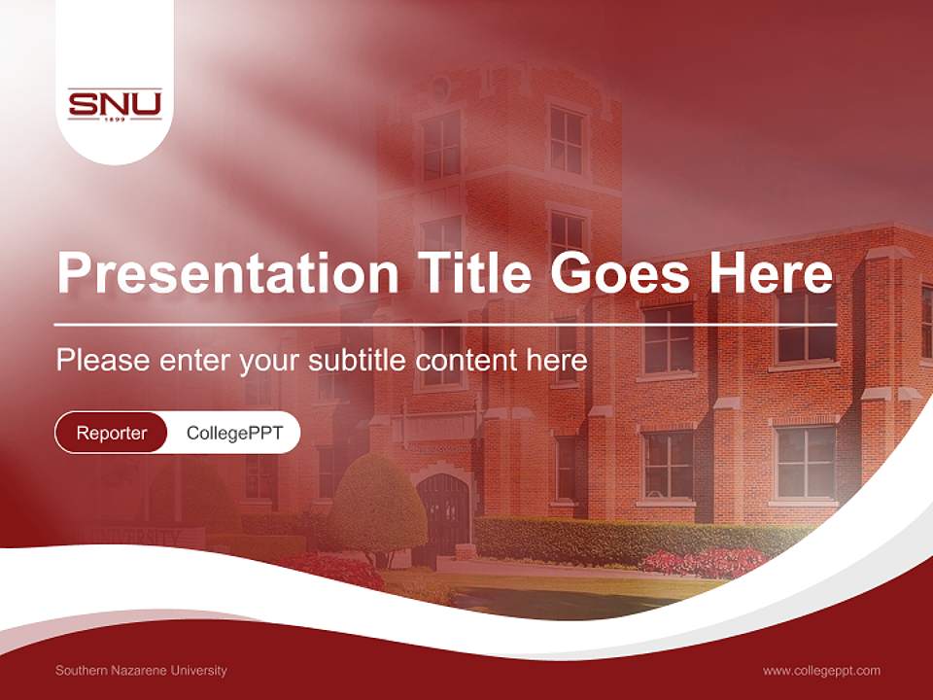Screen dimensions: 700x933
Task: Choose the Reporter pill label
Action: click(111, 433)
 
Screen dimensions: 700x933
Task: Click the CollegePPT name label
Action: click(234, 433)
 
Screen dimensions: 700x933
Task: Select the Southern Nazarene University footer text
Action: click(141, 671)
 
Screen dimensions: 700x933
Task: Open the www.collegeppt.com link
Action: click(821, 671)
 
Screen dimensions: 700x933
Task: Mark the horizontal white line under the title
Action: click(445, 324)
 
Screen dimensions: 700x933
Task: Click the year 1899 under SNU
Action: click(115, 120)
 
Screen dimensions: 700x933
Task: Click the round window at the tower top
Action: click(439, 87)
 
